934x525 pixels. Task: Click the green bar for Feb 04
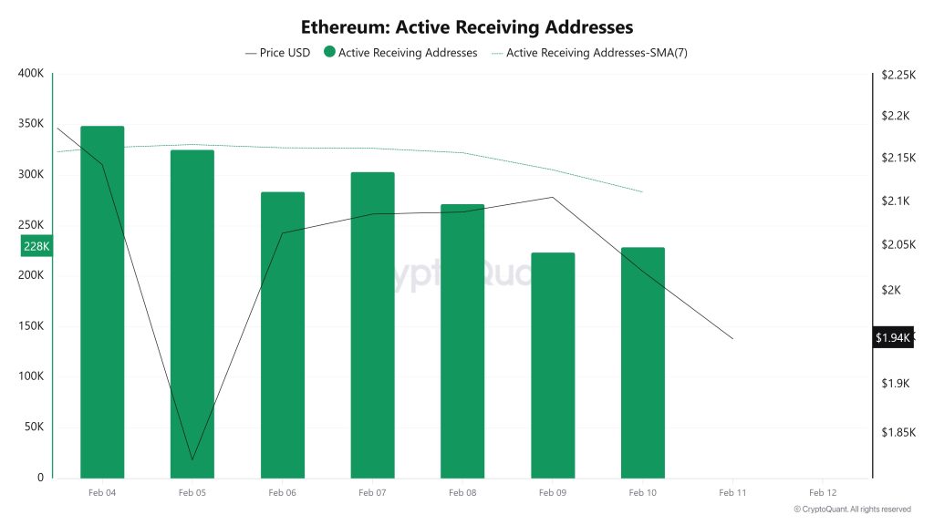102,302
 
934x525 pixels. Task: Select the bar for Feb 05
192,314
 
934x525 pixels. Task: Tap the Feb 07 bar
372,324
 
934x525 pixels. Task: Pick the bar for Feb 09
553,365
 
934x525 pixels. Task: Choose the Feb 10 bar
643,362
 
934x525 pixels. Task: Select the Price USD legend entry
278,53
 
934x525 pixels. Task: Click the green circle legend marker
329,53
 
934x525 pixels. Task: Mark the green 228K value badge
36,246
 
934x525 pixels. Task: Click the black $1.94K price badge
892,338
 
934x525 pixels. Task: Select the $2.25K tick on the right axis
898,76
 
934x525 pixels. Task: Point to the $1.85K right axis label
898,432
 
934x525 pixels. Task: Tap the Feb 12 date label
823,492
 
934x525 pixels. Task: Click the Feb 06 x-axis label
283,492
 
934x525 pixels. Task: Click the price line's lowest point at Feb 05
192,459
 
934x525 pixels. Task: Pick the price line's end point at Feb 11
732,339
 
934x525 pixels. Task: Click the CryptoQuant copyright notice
852,510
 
